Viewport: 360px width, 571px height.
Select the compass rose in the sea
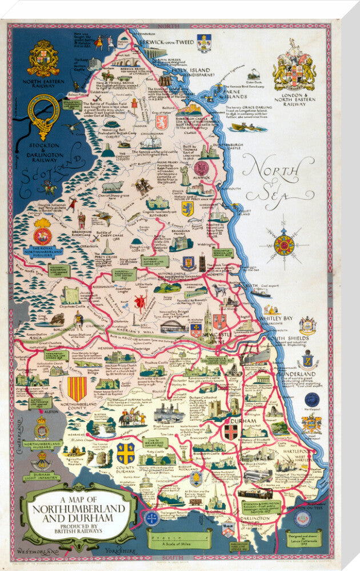tap(283, 246)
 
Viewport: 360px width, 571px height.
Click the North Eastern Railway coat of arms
tap(43, 58)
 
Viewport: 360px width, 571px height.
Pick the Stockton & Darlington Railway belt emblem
tap(43, 116)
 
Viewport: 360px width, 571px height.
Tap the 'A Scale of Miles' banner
tap(178, 539)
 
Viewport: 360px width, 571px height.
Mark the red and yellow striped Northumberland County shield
tap(77, 388)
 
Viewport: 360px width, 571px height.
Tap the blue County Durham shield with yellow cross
tap(126, 453)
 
